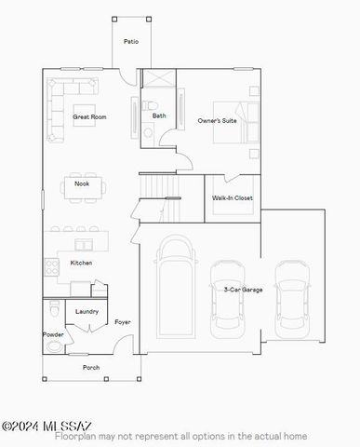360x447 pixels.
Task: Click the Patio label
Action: tap(131, 41)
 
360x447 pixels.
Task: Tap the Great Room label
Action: tap(89, 117)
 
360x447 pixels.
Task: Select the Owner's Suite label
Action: tap(217, 120)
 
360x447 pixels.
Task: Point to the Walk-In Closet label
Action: tap(233, 197)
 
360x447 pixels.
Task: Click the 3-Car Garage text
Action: tap(243, 290)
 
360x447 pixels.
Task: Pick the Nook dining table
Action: tap(83, 188)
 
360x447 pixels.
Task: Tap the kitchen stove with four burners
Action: tap(51, 267)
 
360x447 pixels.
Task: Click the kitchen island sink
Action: tap(84, 245)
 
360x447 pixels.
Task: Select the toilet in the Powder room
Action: tap(55, 308)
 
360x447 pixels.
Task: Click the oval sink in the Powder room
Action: tap(54, 346)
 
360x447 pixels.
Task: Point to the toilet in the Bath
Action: tap(150, 105)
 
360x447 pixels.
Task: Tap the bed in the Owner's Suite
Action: tap(236, 122)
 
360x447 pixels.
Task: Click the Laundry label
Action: tap(87, 311)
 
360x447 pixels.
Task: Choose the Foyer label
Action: tap(123, 322)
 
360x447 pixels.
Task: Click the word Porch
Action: tap(91, 368)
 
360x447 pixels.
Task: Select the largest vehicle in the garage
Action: tap(176, 287)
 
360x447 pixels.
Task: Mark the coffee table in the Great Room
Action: tap(84, 115)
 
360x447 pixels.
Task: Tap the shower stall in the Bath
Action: tap(159, 78)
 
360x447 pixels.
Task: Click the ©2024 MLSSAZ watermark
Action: tap(47, 427)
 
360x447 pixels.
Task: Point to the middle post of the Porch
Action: tap(106, 379)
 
